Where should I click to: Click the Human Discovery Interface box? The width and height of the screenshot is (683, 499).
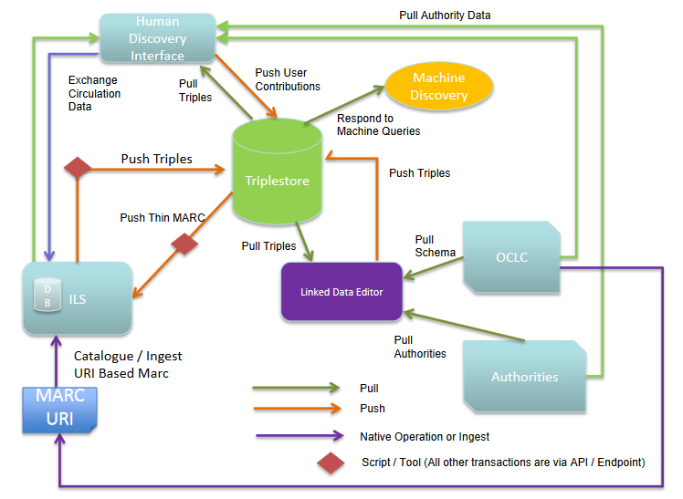tap(156, 39)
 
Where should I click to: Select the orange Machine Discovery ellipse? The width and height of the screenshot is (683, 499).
tap(439, 87)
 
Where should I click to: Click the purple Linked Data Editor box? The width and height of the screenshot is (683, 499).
tap(341, 291)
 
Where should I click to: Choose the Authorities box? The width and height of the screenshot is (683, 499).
tap(524, 376)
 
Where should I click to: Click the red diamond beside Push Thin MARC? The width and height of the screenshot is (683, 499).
tap(185, 244)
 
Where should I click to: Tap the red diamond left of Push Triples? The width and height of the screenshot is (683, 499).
tap(78, 168)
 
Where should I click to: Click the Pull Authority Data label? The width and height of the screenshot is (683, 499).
tap(445, 16)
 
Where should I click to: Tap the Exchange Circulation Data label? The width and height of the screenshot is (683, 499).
tap(94, 93)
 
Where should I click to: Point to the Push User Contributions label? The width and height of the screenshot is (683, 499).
tap(288, 79)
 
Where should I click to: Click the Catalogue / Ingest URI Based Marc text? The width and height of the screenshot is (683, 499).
tap(122, 365)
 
